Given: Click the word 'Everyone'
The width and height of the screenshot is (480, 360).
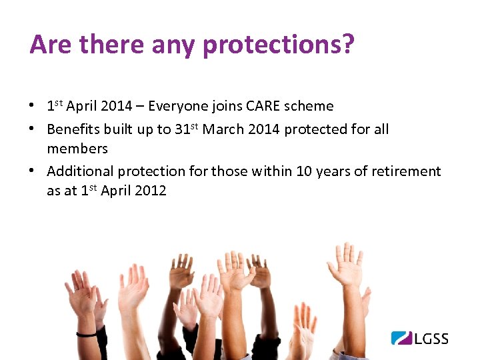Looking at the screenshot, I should pos(176,106).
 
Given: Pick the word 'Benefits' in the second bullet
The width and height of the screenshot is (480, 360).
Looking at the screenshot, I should pos(71,129).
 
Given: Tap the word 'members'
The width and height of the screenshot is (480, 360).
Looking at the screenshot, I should pos(77,148).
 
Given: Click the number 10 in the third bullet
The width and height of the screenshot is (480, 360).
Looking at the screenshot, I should pos(303,171).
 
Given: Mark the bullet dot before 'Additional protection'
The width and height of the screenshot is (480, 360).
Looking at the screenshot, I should pos(33,171).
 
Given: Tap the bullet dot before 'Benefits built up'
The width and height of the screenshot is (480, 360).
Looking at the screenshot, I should pos(33,129).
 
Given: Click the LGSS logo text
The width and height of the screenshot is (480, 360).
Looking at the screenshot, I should pos(431,339).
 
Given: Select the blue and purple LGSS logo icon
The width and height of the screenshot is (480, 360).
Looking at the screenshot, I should pos(401,338).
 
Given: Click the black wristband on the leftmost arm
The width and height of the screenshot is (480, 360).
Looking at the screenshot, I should pos(87,333).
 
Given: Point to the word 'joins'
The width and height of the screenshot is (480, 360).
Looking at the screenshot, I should pos(224,106).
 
